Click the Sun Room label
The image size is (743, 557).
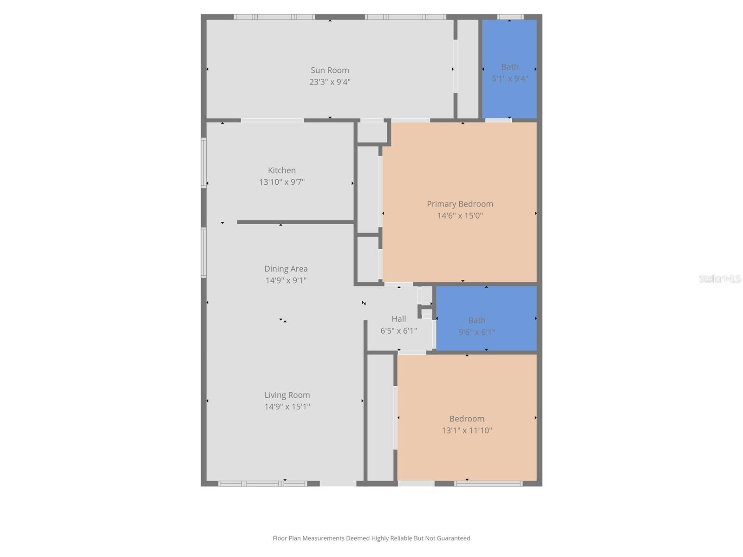[330, 70]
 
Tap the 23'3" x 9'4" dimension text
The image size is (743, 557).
[330, 82]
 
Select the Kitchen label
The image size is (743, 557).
[281, 170]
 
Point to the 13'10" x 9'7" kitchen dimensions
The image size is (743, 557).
[281, 182]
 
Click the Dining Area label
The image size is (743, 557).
[286, 269]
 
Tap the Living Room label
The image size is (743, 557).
[287, 395]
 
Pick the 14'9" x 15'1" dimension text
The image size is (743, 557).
[287, 407]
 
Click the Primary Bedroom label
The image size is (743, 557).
[460, 204]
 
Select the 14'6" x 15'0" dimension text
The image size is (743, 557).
[460, 215]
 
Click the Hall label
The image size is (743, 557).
[398, 319]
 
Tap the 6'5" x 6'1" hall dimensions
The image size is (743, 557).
[398, 331]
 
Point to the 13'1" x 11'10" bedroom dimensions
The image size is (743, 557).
[467, 430]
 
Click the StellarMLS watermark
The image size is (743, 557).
[720, 278]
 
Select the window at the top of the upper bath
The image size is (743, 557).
[510, 17]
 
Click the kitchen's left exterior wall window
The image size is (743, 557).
[203, 163]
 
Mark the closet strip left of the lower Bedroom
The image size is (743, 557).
[380, 418]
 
